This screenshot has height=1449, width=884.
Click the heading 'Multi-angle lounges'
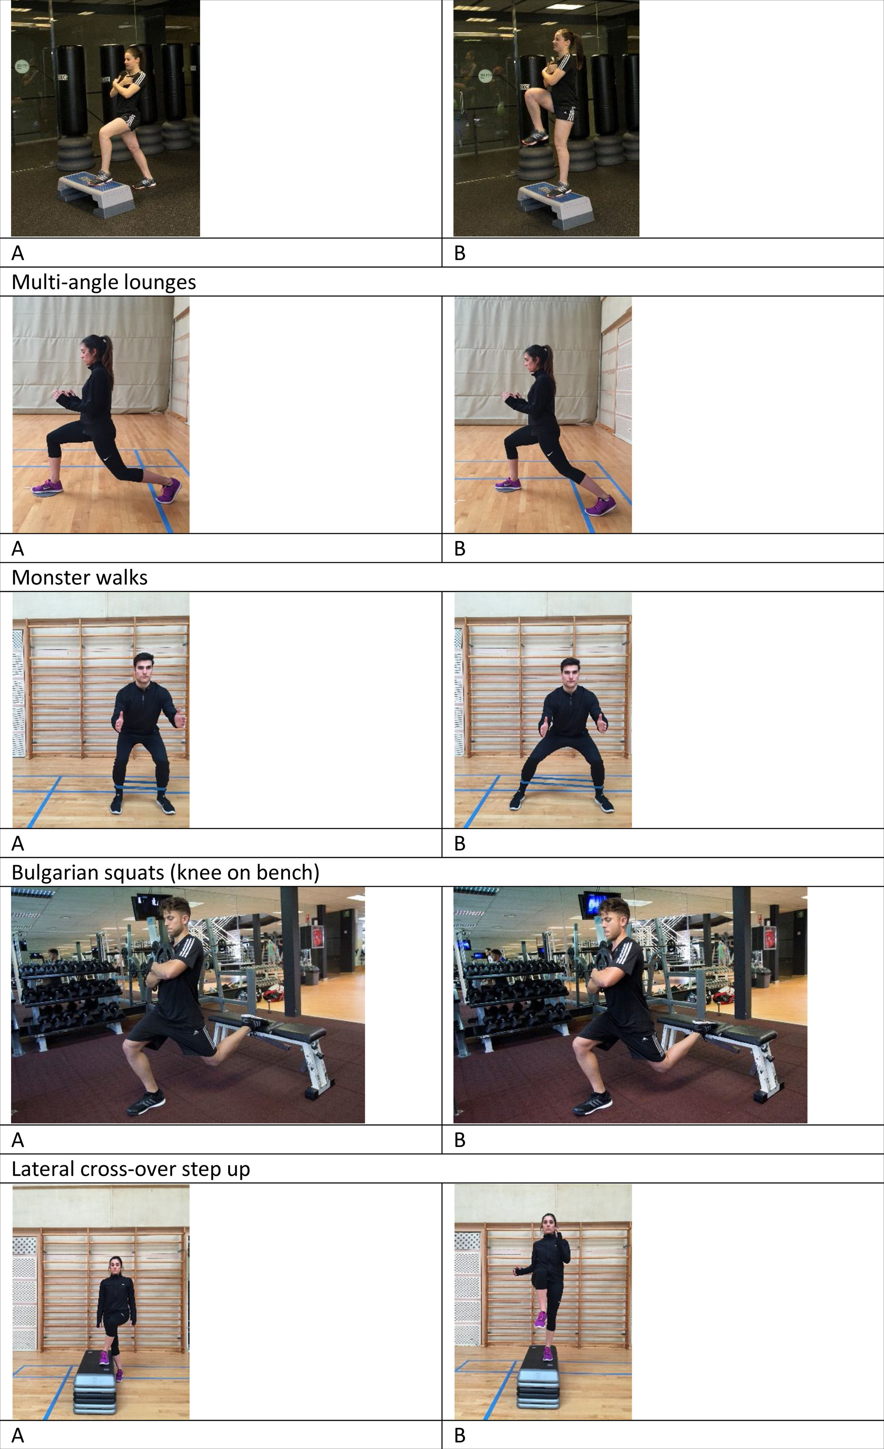103,282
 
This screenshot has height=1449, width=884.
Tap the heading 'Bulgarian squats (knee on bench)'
165,873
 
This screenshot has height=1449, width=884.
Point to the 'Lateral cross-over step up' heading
131,1169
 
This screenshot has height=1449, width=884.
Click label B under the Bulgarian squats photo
460,1140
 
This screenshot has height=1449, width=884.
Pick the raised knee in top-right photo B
531,96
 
